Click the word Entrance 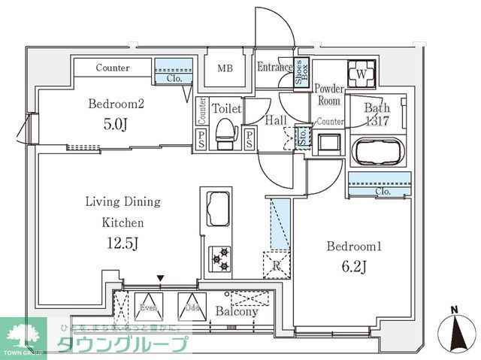(274, 68)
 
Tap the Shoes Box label (301, 72)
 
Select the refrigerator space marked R (274, 265)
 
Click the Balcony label (237, 310)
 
